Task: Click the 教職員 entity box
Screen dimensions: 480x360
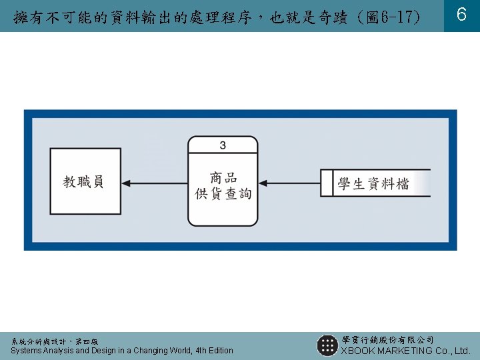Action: pos(83,181)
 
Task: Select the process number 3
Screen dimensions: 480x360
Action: pos(223,145)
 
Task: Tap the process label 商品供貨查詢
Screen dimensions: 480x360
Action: pos(223,186)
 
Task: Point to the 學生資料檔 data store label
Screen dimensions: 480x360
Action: pos(373,183)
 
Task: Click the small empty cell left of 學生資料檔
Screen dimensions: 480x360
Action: pos(327,183)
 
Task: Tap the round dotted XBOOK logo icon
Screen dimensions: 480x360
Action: pos(327,345)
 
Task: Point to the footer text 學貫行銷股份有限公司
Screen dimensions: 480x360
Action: pos(387,340)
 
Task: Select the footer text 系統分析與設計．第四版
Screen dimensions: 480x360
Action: pos(54,341)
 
